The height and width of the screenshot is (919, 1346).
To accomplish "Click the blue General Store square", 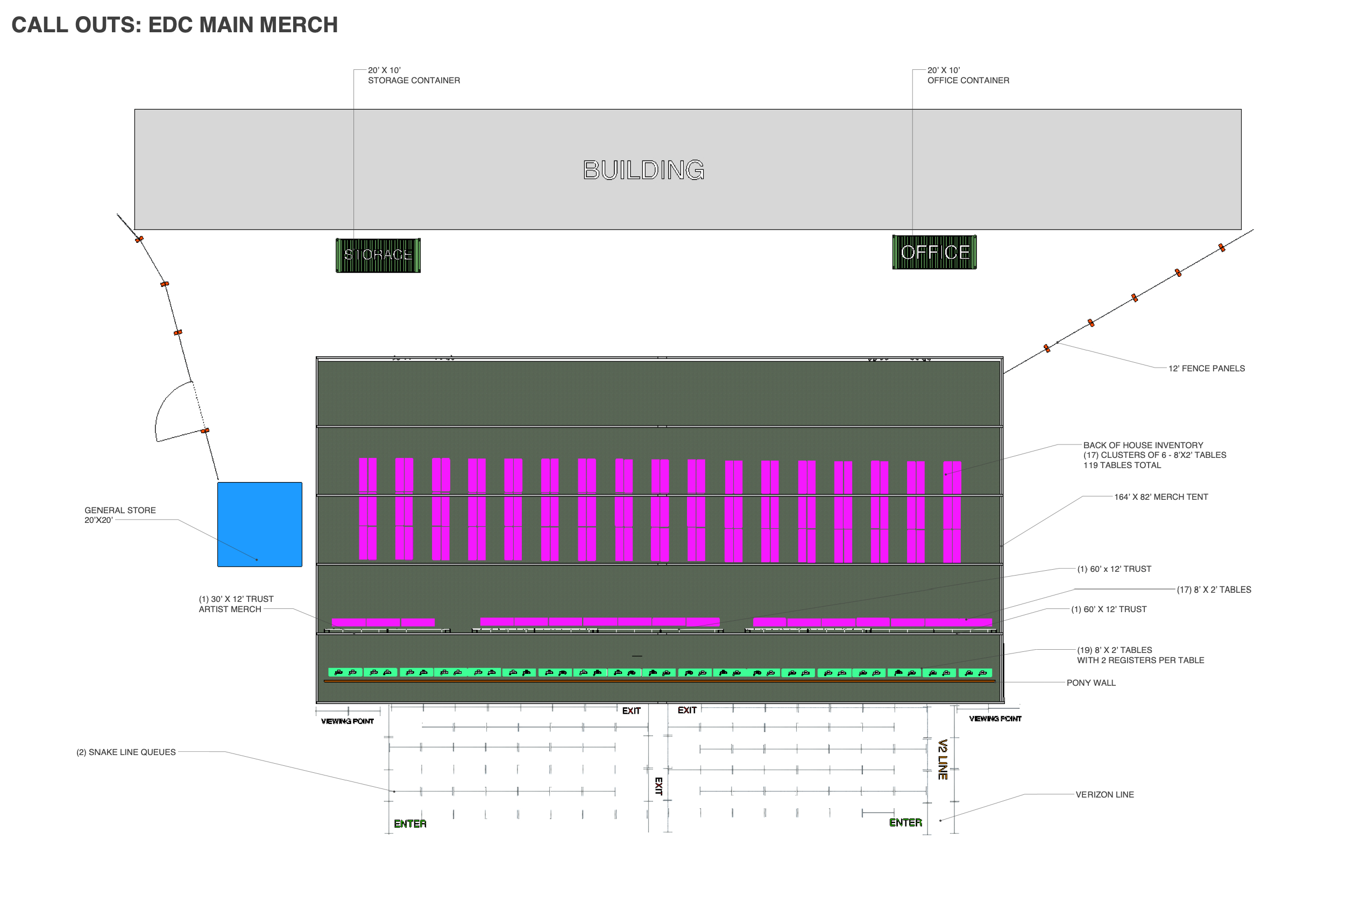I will (x=259, y=525).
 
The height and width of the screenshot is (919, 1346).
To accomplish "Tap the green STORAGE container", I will (x=378, y=255).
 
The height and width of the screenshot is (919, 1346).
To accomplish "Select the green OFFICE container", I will (x=934, y=252).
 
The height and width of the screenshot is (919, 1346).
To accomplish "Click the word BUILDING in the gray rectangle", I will (x=643, y=170).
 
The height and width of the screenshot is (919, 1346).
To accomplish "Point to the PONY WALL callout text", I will (x=1090, y=683).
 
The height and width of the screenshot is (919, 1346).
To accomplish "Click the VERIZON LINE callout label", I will (x=1104, y=794).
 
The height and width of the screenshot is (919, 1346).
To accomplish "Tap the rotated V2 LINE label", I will (x=943, y=759).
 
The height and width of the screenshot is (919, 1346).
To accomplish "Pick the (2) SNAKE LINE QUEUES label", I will (x=126, y=752).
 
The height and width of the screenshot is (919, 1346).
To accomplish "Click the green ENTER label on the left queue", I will (x=410, y=823).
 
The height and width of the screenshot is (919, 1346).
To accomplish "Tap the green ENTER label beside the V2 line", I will (x=905, y=822).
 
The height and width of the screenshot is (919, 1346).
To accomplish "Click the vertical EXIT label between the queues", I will (x=658, y=786).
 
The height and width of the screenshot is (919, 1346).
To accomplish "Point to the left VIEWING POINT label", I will (x=348, y=721).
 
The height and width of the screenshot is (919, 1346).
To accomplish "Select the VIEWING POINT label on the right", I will (x=995, y=719).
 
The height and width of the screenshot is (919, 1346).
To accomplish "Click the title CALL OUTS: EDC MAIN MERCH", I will (x=174, y=25).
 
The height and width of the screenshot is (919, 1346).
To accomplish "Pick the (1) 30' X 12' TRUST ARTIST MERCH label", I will (x=236, y=604).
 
